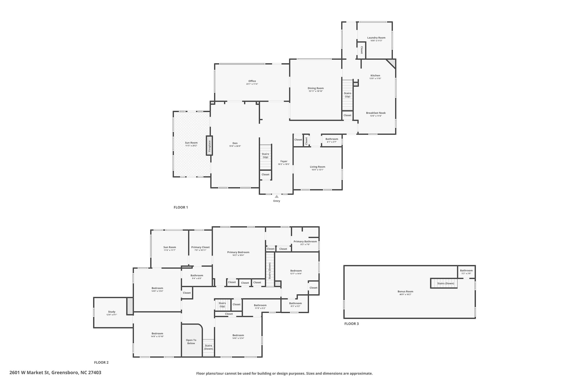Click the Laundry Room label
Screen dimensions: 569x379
coord(376,38)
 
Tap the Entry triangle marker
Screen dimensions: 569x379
coord(277,197)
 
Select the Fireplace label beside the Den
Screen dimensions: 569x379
coord(210,145)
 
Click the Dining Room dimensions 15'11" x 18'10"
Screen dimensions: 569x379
coord(316,91)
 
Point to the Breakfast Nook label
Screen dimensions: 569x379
coord(376,113)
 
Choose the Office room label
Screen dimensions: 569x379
coord(252,81)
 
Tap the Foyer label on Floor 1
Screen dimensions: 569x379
coord(284,161)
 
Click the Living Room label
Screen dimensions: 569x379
coord(318,167)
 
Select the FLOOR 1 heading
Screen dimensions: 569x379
coord(181,207)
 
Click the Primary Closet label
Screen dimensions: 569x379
coord(200,247)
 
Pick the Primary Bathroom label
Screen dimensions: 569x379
coord(305,241)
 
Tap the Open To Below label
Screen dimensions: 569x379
coord(191,342)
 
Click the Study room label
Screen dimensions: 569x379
coord(112,312)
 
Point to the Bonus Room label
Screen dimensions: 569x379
coord(405,292)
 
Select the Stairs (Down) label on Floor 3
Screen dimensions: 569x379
coord(446,283)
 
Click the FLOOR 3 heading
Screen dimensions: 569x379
coord(351,324)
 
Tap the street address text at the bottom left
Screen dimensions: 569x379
coord(55,373)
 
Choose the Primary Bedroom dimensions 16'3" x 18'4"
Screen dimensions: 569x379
coord(238,255)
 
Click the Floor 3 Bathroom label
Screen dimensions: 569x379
coord(466,270)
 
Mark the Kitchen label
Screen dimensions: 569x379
coord(375,76)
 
